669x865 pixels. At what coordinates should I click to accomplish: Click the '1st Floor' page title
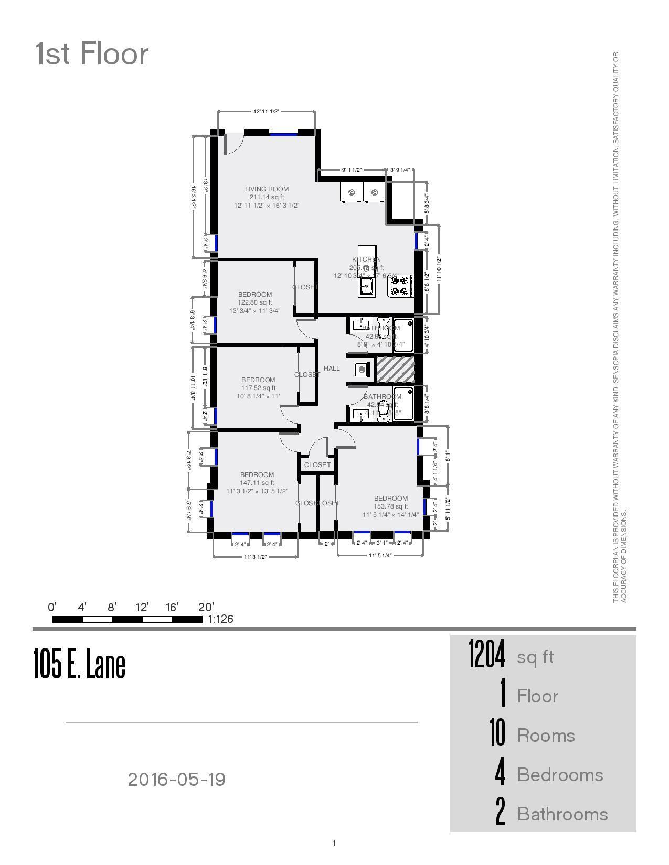click(92, 54)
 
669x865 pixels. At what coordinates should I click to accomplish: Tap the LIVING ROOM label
click(267, 189)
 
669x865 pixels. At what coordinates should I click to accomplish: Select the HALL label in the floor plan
click(332, 369)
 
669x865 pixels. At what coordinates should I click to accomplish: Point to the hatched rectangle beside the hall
click(395, 370)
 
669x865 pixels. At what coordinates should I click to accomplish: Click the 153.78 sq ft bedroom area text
click(391, 506)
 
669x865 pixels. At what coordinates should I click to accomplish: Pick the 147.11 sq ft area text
click(257, 483)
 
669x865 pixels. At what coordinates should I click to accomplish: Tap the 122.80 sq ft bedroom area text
click(255, 302)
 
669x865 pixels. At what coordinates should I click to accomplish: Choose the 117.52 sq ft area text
click(258, 388)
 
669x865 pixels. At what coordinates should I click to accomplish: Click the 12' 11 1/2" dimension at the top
click(266, 112)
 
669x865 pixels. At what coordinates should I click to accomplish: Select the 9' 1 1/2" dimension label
click(352, 170)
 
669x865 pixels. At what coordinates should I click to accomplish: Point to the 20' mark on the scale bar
click(206, 608)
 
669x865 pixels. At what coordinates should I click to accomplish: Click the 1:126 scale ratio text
click(221, 619)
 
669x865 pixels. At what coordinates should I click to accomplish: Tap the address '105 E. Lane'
click(79, 664)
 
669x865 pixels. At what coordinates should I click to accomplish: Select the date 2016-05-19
click(176, 780)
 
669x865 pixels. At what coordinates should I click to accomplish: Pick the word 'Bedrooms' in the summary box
click(560, 775)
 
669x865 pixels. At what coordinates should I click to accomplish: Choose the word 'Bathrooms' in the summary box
click(562, 814)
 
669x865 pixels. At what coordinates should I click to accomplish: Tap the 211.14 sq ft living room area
click(267, 197)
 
